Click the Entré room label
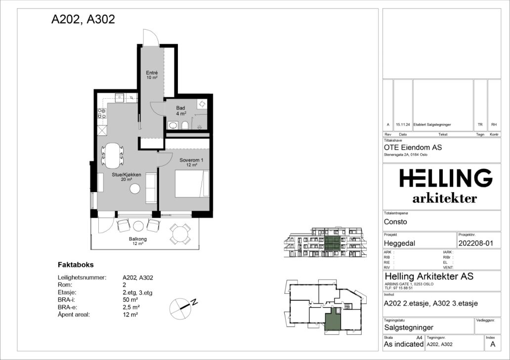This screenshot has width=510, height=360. click(152, 75)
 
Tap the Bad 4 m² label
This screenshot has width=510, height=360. click(181, 111)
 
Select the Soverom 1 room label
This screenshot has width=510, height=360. click(192, 162)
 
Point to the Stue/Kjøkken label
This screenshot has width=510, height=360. click(127, 177)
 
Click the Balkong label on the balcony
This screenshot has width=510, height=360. click(138, 241)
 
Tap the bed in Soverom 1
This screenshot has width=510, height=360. click(192, 184)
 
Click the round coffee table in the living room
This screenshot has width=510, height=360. click(134, 189)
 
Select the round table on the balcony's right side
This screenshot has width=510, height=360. click(180, 234)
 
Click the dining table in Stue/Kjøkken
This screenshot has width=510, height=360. click(113, 155)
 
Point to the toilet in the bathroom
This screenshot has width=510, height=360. click(185, 125)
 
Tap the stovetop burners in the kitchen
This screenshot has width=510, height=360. click(102, 114)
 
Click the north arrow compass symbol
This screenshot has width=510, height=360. click(182, 308)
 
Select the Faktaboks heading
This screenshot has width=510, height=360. click(76, 265)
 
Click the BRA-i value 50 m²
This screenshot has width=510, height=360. click(130, 300)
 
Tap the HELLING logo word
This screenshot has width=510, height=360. click(446, 178)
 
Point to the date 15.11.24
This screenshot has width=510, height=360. click(403, 124)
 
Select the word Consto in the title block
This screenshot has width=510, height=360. click(395, 222)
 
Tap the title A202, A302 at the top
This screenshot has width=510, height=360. click(83, 19)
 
